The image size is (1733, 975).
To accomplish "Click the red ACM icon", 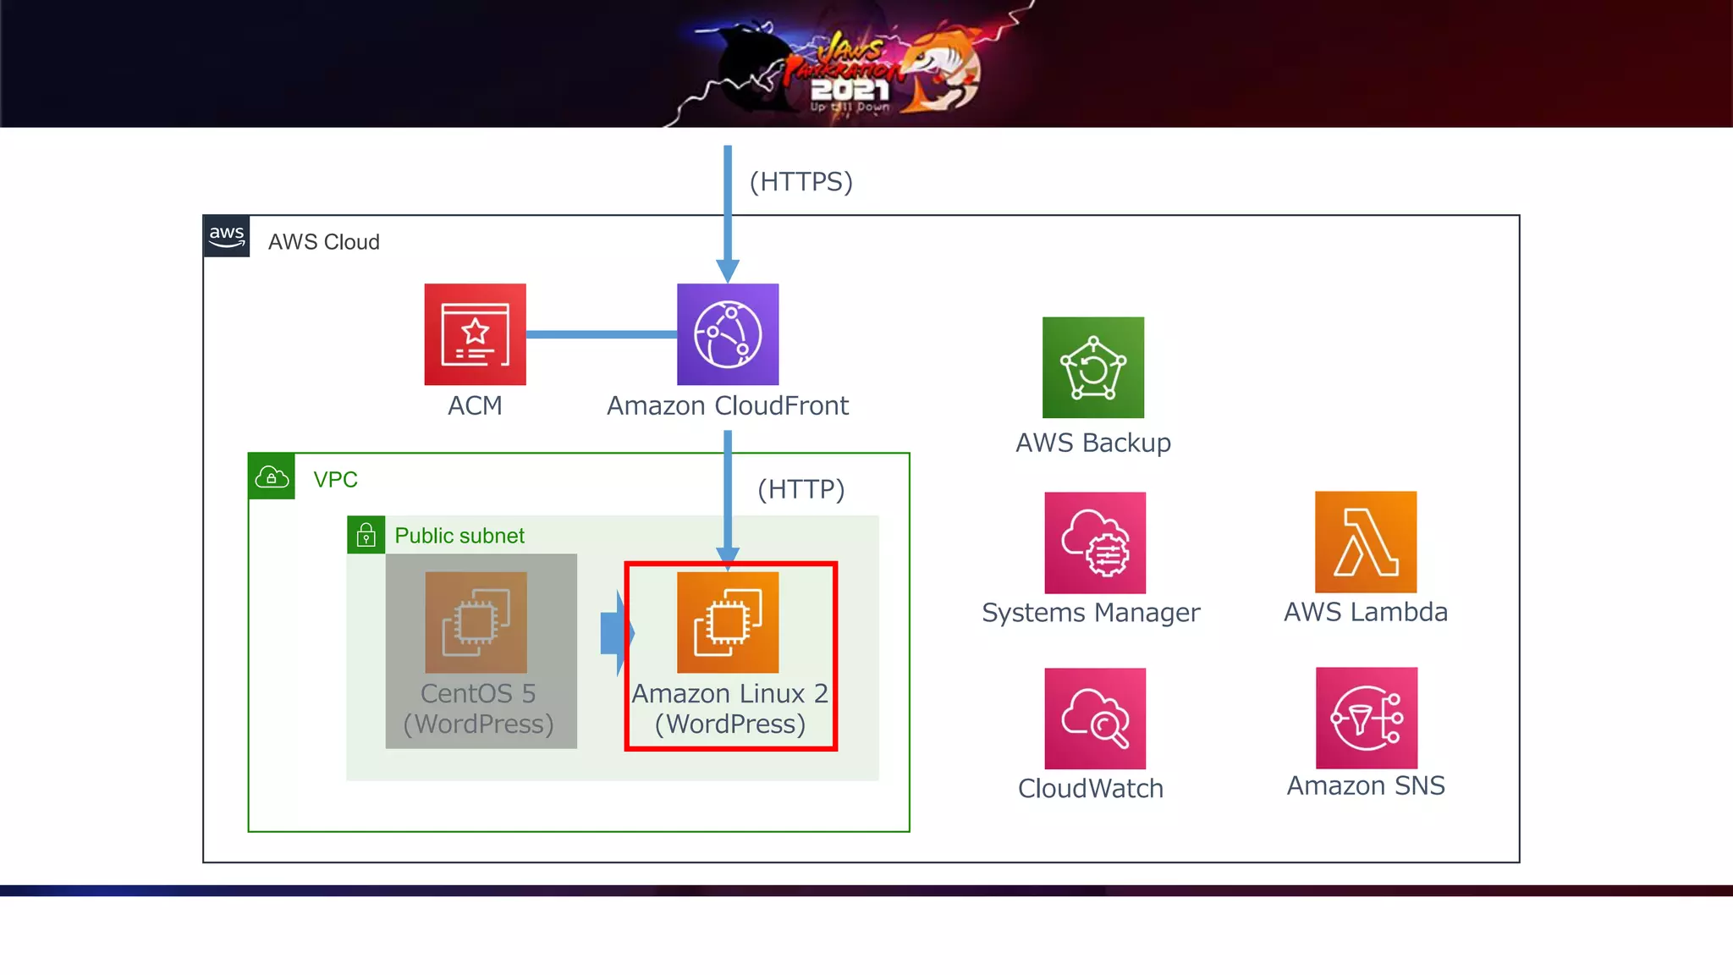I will click(x=475, y=334).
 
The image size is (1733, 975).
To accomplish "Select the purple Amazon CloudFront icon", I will click(x=728, y=334).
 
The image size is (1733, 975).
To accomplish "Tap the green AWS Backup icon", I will click(x=1092, y=367).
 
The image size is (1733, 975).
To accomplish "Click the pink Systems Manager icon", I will click(x=1095, y=543).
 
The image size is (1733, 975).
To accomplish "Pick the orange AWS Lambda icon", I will click(x=1365, y=542).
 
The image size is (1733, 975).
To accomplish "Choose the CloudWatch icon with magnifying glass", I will click(x=1095, y=719).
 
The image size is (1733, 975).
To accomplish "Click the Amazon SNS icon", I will click(x=1366, y=718).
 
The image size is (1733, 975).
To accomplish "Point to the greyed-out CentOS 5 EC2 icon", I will click(x=476, y=622).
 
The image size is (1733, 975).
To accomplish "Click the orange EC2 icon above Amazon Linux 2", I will click(x=728, y=622).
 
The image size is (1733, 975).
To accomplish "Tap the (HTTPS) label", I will click(x=800, y=182).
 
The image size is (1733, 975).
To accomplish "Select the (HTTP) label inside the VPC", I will click(x=800, y=489).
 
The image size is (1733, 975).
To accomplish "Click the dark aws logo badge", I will click(x=227, y=236).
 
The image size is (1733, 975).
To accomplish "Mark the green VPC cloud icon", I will click(x=272, y=476).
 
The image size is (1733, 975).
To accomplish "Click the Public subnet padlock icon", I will click(x=366, y=535).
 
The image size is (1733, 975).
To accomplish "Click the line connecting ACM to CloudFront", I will click(x=601, y=334).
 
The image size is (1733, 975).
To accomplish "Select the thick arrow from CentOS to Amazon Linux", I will click(x=615, y=633).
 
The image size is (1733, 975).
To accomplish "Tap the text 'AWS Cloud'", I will click(x=323, y=242).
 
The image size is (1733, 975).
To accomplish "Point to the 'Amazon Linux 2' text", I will click(x=729, y=694).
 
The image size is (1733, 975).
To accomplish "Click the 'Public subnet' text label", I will click(x=459, y=536).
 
